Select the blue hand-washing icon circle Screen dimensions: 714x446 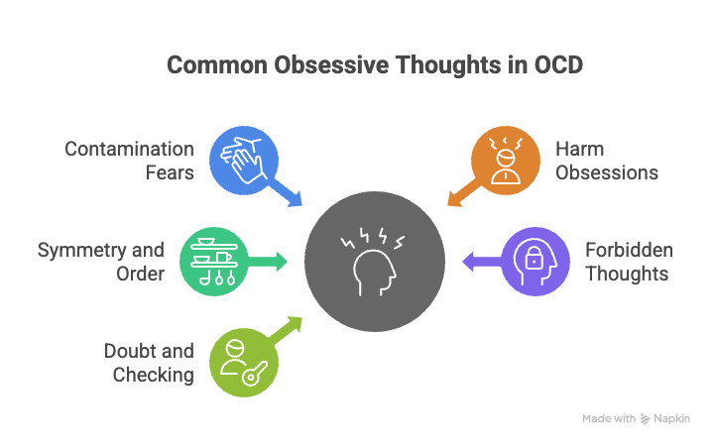pos(243,160)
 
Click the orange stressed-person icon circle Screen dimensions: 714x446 pos(505,158)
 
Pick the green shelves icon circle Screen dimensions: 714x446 pos(213,262)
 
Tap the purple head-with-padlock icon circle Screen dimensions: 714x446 pos(536,262)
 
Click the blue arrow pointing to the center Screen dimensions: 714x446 pos(289,193)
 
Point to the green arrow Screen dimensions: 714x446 pos(269,262)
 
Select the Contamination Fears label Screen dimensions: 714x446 pos(130,161)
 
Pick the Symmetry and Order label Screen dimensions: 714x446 pos(100,262)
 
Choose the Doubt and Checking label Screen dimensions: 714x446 pos(149,363)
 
